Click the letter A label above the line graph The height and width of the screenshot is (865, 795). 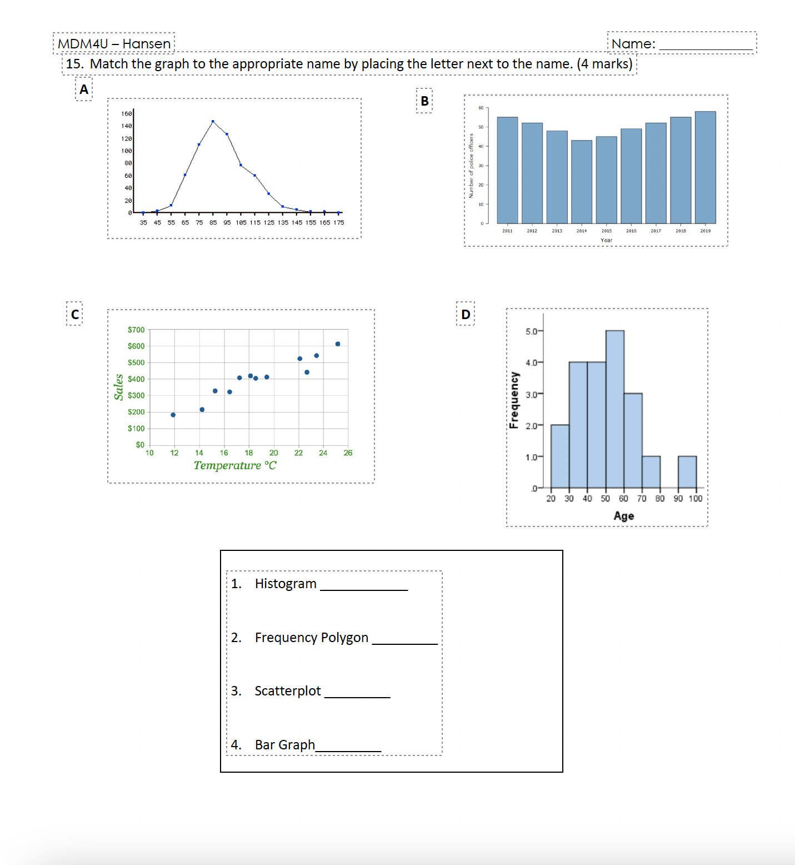click(84, 90)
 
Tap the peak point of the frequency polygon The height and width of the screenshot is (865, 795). click(213, 121)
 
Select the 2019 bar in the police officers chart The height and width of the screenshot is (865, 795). click(705, 167)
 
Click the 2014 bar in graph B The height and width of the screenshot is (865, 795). click(581, 182)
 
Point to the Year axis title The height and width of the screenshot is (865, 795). click(606, 240)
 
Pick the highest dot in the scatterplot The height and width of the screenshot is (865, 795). click(338, 344)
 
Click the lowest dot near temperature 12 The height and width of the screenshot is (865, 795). click(173, 415)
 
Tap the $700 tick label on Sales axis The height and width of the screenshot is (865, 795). click(136, 330)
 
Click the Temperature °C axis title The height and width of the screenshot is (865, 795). click(235, 465)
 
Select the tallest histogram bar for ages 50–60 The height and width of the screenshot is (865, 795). click(614, 409)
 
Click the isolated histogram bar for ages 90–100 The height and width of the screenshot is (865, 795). click(687, 472)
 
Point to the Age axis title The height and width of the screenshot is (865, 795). click(623, 516)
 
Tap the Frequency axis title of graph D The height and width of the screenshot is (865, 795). click(514, 400)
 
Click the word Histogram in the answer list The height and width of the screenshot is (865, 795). click(286, 584)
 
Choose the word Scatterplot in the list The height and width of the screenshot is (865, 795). click(288, 691)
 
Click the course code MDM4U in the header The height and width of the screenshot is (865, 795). click(83, 44)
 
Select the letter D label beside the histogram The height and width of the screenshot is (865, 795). click(466, 315)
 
